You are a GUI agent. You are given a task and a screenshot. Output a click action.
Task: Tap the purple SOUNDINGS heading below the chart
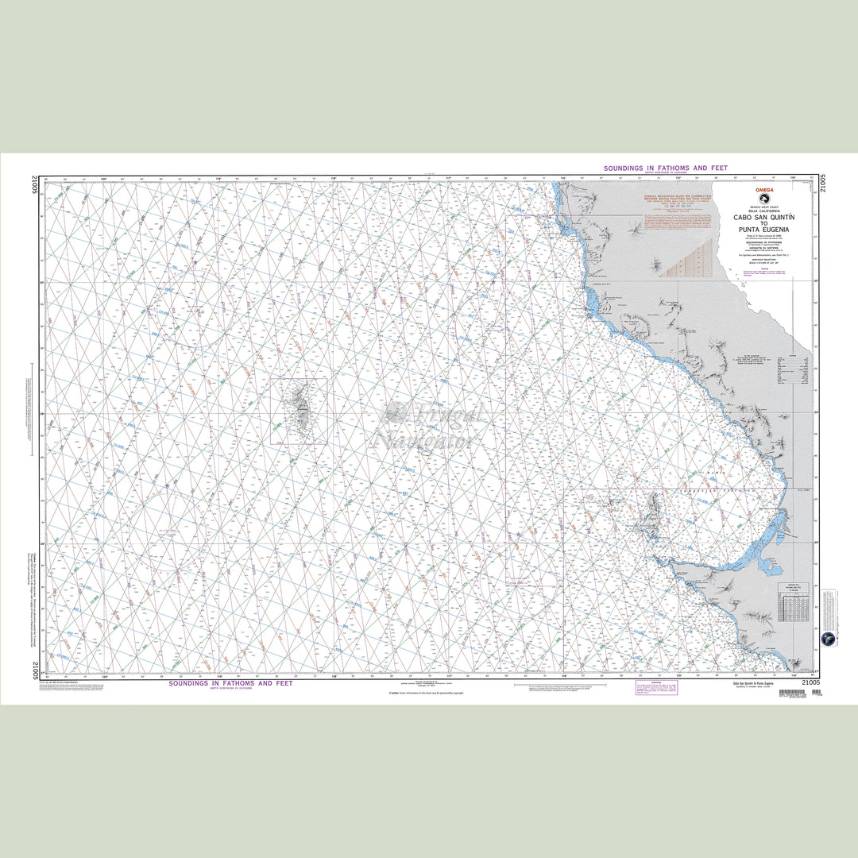(230, 683)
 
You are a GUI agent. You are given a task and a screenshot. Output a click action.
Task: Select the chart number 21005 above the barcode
(810, 682)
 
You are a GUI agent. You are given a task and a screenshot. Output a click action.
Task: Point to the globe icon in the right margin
(829, 639)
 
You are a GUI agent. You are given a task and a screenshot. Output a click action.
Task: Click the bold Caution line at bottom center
(425, 693)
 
